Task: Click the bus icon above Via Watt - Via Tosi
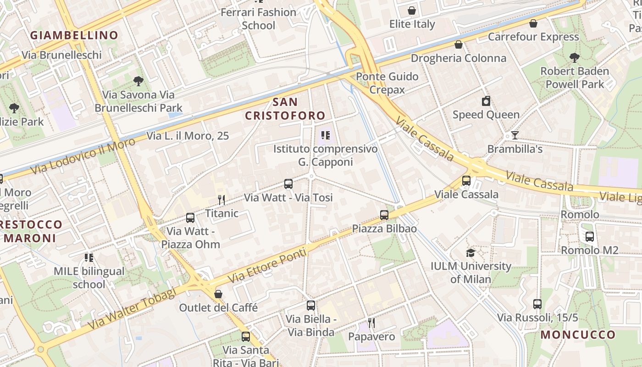click(x=288, y=184)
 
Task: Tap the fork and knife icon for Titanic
click(x=221, y=200)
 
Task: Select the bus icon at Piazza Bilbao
click(x=384, y=215)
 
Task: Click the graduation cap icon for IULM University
click(x=470, y=253)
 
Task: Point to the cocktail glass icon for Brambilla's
click(x=515, y=135)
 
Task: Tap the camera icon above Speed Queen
click(x=486, y=101)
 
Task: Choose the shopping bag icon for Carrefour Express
click(x=533, y=23)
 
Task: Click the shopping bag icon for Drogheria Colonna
click(x=458, y=44)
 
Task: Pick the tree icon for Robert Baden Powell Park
click(x=574, y=58)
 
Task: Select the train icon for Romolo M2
click(x=590, y=237)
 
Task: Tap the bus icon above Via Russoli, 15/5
click(x=537, y=304)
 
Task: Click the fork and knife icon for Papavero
click(x=371, y=323)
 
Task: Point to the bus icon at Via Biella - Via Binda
click(x=311, y=306)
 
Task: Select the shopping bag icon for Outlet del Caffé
click(x=218, y=294)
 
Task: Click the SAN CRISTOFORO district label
click(x=285, y=108)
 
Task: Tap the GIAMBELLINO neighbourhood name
click(x=74, y=35)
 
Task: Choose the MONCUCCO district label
click(x=578, y=334)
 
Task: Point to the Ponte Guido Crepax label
click(x=387, y=83)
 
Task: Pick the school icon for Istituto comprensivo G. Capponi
click(x=326, y=135)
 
